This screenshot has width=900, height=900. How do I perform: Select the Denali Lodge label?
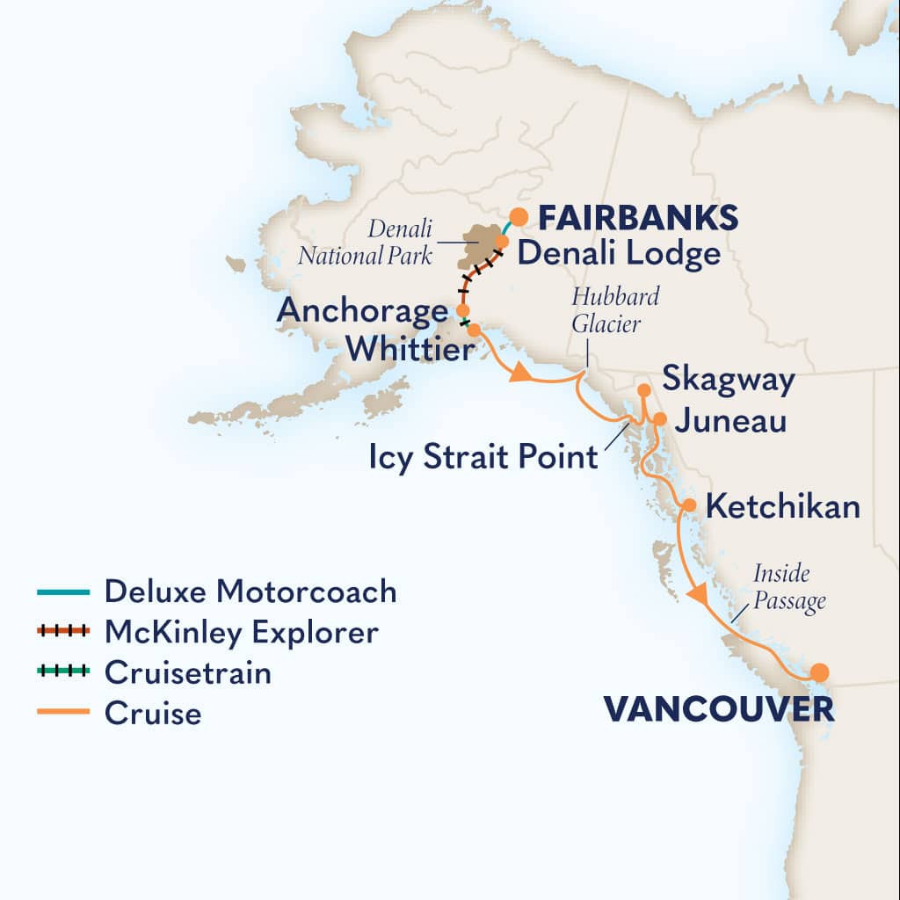pyautogui.click(x=618, y=254)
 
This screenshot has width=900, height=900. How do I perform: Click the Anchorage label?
pyautogui.click(x=362, y=311)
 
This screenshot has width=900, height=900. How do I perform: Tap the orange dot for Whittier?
pyautogui.click(x=474, y=330)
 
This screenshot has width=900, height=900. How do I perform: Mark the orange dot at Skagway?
pyautogui.click(x=643, y=389)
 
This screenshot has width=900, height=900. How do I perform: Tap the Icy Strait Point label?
pyautogui.click(x=483, y=457)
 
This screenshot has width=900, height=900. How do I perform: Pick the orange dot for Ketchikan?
pyautogui.click(x=689, y=505)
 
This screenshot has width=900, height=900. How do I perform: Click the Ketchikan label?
pyautogui.click(x=782, y=506)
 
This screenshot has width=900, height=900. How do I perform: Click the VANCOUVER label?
pyautogui.click(x=717, y=710)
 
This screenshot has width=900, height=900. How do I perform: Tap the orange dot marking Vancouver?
pyautogui.click(x=819, y=673)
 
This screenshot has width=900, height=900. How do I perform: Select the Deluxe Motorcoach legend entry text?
pyautogui.click(x=250, y=592)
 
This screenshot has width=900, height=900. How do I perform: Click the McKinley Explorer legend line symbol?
pyautogui.click(x=63, y=632)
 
